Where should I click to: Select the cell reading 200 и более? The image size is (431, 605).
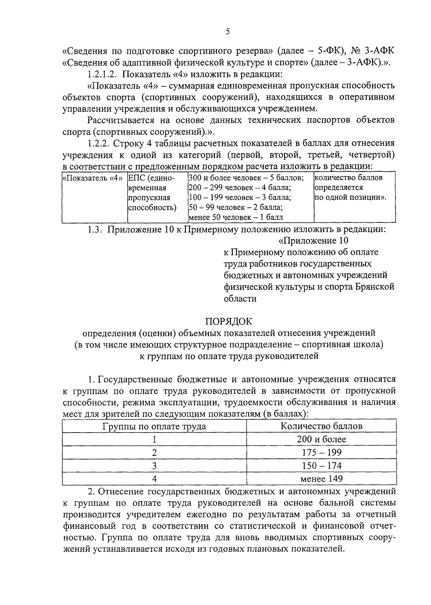[x=321, y=439]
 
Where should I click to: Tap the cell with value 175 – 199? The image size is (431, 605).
[x=321, y=452]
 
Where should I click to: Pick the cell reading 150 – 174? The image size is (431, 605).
[x=321, y=466]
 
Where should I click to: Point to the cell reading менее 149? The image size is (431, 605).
[x=321, y=479]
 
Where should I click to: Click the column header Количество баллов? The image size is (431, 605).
[x=321, y=426]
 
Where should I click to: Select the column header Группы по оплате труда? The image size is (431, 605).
[x=154, y=426]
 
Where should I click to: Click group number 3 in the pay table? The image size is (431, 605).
[x=154, y=466]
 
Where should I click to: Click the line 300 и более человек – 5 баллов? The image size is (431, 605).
[x=246, y=178]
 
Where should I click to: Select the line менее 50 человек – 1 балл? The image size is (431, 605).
[x=236, y=217]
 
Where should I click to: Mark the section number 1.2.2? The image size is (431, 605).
[x=98, y=143]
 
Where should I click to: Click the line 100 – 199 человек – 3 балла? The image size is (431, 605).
[x=240, y=198]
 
